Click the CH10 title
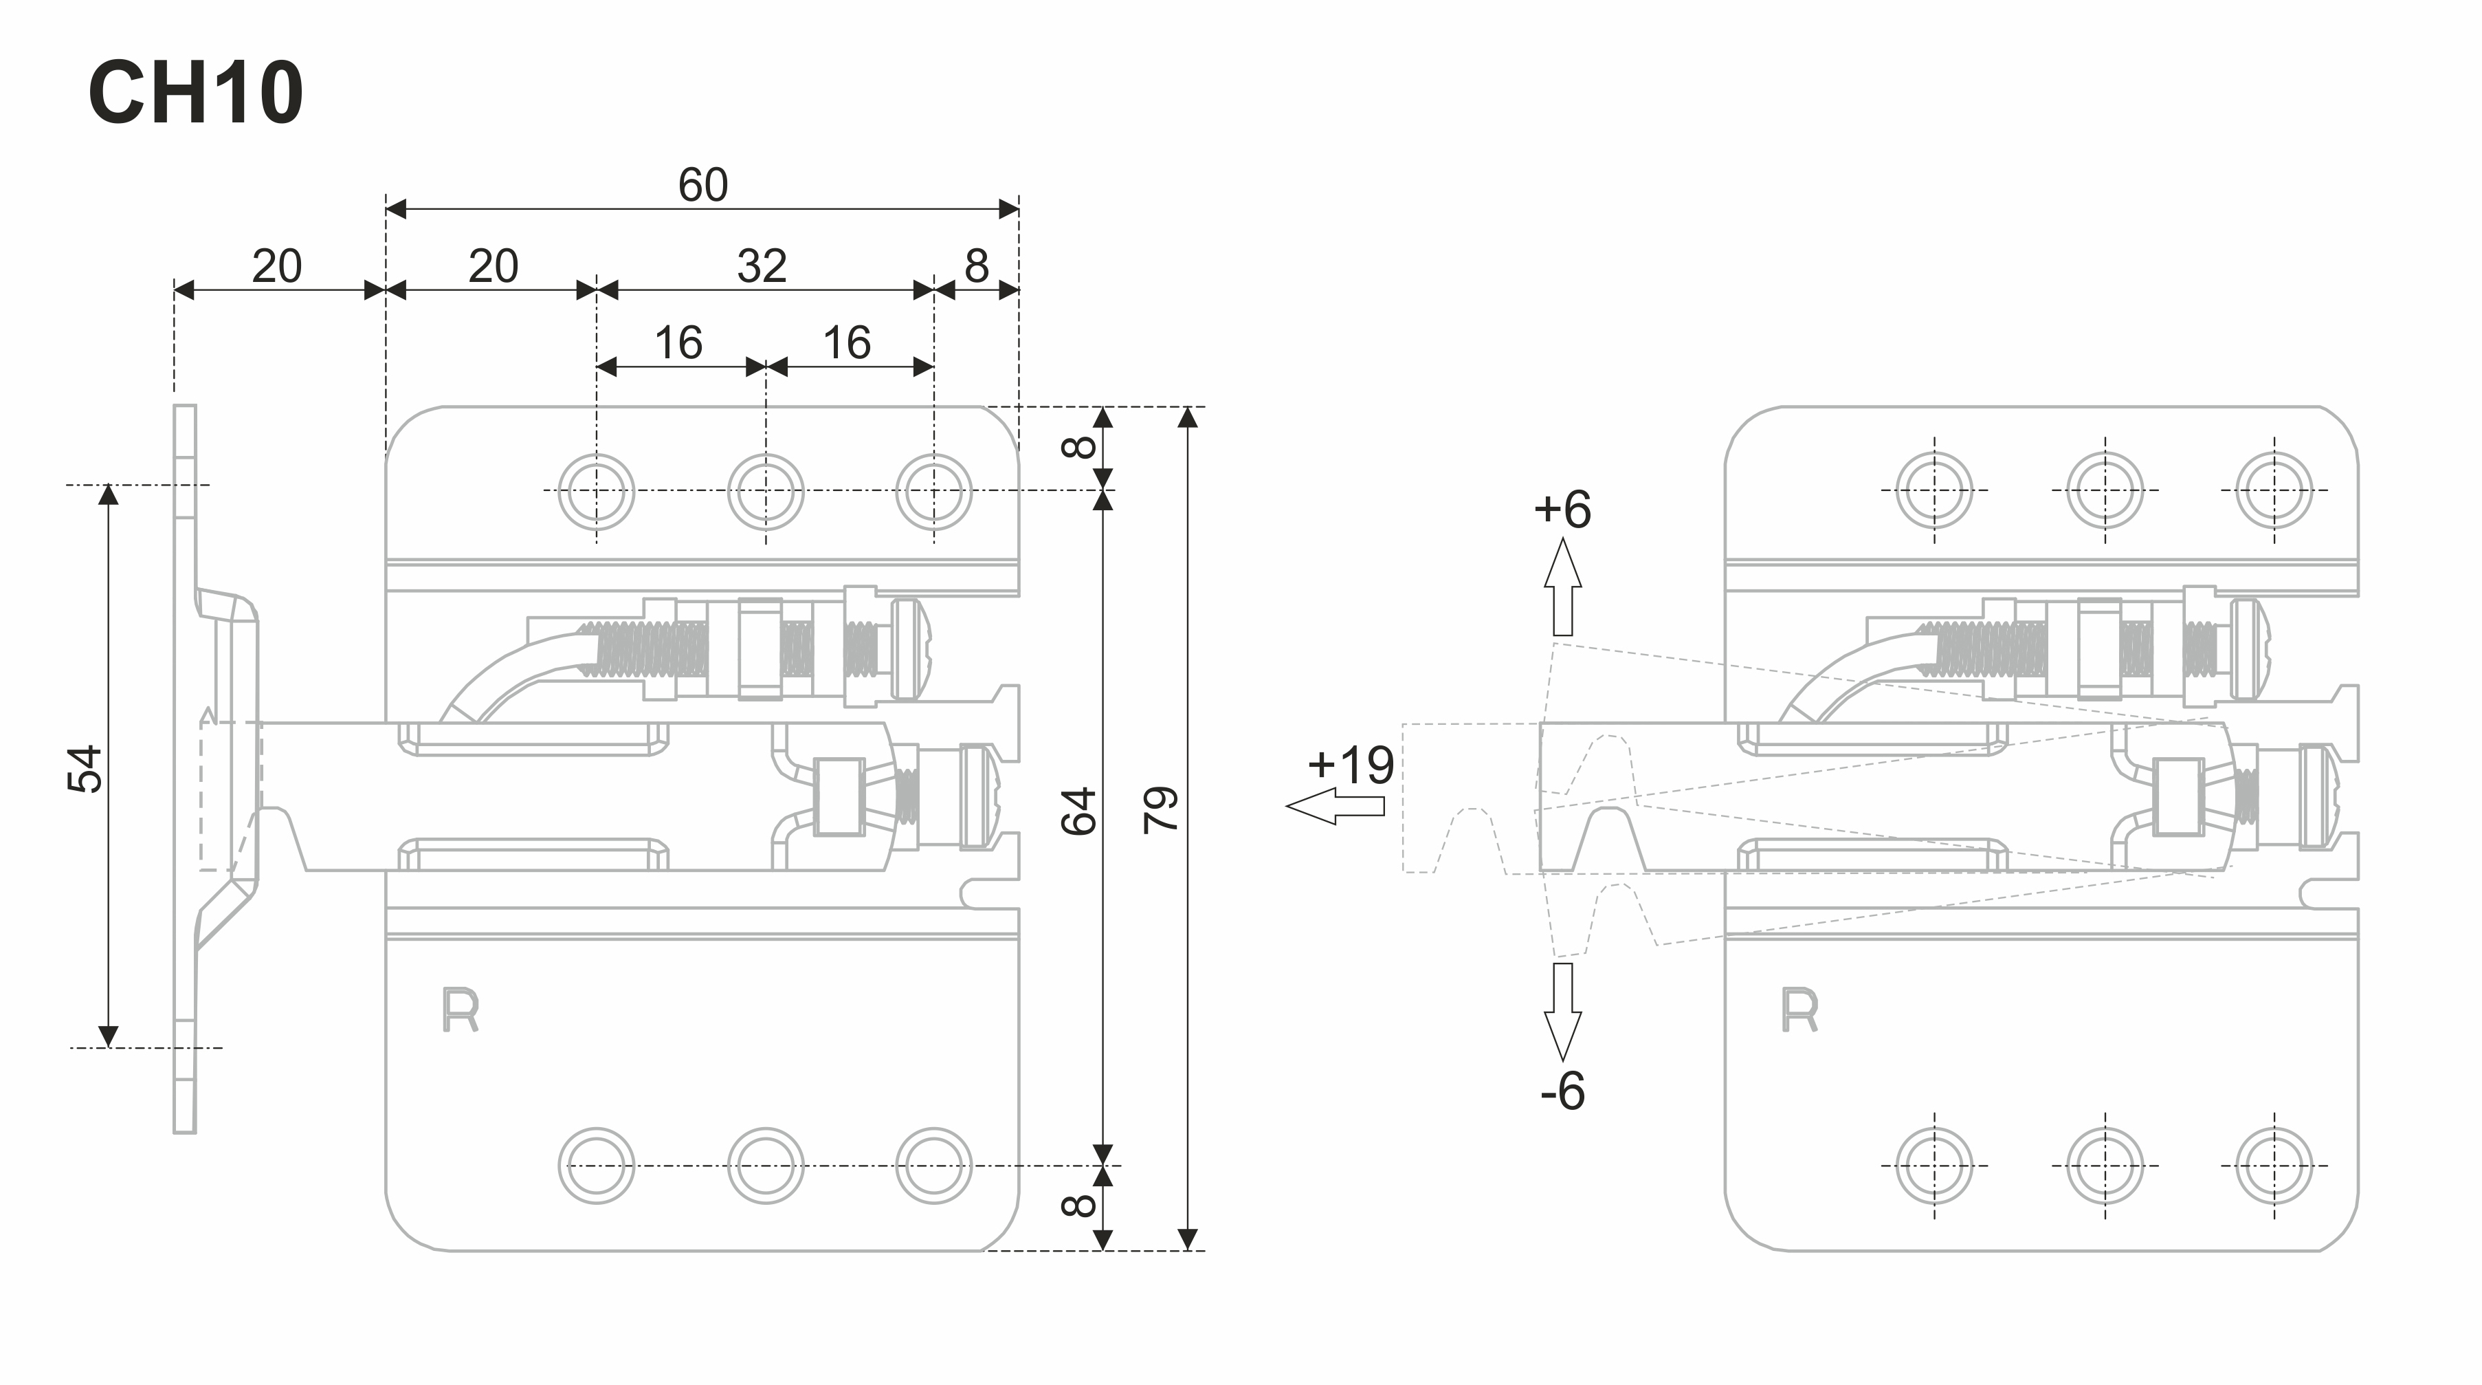[x=196, y=94]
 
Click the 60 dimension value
[x=702, y=184]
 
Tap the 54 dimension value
[x=86, y=768]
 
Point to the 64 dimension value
[x=1079, y=811]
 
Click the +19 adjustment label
[x=1351, y=765]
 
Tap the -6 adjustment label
[x=1562, y=1091]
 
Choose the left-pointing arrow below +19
[x=1334, y=806]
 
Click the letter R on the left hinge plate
[x=461, y=1011]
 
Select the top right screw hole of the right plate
[x=2274, y=490]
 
